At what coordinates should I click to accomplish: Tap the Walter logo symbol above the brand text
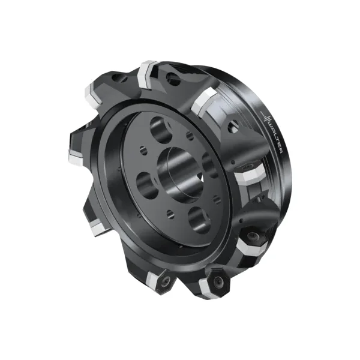click(266, 116)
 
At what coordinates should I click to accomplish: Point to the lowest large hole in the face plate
click(199, 219)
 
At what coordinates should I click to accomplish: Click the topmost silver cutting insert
click(147, 75)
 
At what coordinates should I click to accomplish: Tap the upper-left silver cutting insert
click(93, 94)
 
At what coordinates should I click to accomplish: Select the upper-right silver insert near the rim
click(204, 101)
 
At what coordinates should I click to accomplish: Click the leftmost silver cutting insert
click(76, 157)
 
